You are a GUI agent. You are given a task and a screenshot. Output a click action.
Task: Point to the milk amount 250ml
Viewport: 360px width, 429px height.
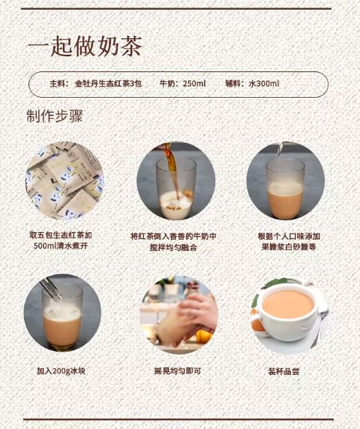(194, 84)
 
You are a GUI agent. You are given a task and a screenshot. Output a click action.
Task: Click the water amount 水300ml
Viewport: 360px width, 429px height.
(264, 84)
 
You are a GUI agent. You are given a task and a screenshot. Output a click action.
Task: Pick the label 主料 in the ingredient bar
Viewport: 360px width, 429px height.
(59, 84)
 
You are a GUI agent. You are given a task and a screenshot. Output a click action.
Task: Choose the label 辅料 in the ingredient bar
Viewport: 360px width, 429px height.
(234, 84)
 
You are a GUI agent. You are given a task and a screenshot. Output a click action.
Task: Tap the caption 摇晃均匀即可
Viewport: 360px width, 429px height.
(179, 370)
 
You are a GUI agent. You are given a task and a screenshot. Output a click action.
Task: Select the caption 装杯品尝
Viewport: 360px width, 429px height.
(289, 370)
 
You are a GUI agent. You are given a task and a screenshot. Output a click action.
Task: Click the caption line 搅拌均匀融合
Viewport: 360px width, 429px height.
(174, 247)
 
